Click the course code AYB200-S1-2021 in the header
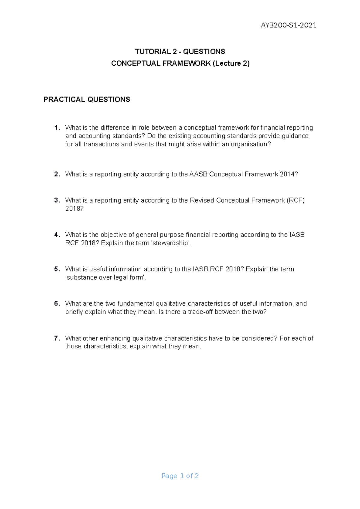tap(288, 25)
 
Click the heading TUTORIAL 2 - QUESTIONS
tap(180, 52)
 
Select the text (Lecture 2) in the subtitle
tap(231, 63)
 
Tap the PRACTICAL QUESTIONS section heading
tap(87, 100)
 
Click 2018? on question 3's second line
tap(74, 209)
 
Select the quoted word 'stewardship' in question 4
tap(171, 243)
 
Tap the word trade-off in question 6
tap(200, 312)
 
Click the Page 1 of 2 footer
tap(180, 476)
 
